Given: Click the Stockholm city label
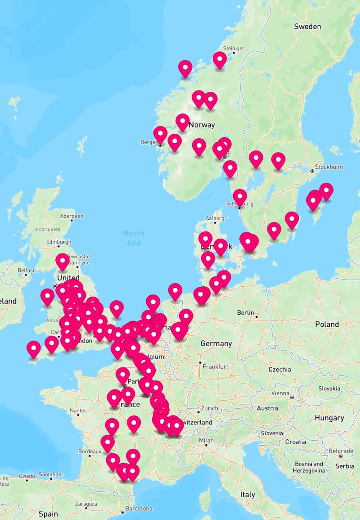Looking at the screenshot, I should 329,167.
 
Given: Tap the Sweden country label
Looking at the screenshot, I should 307,27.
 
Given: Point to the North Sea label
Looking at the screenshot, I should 134,238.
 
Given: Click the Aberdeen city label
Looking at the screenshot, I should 72,216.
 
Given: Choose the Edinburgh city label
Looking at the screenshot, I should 58,242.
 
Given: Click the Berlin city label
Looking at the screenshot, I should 246,312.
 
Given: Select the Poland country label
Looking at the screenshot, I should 327,324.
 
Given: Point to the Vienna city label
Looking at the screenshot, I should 280,393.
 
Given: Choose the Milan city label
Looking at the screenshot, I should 207,440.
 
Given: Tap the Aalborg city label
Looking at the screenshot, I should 215,218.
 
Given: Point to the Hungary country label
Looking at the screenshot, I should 329,418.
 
